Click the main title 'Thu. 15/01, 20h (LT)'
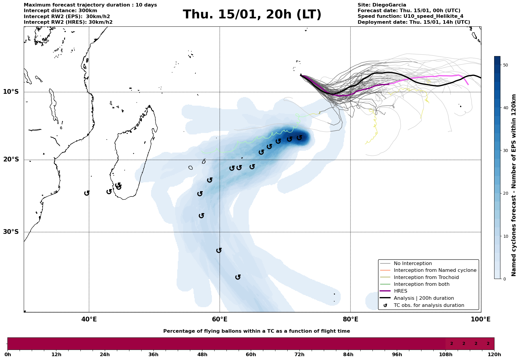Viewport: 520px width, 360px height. (252, 15)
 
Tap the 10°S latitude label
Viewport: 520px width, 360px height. (11, 92)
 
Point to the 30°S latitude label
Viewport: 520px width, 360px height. (11, 232)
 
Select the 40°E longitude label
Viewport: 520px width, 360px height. (89, 319)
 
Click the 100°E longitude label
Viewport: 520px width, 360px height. (481, 319)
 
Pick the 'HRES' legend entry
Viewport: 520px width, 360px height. (400, 291)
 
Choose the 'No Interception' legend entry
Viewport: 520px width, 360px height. (413, 264)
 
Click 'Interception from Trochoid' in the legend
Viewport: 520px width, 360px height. (426, 277)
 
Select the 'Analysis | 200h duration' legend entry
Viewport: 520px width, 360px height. (424, 298)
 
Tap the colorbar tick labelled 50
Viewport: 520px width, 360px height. (506, 65)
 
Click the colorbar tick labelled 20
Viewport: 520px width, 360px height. (506, 194)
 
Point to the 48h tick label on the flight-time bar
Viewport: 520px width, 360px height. (202, 355)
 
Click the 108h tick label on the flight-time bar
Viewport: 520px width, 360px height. (446, 355)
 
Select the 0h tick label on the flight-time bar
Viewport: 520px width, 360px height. (8, 355)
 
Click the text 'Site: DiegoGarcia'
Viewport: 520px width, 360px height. (382, 5)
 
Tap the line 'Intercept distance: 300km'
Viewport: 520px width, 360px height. (60, 11)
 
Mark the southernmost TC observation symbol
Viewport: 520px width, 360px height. (238, 277)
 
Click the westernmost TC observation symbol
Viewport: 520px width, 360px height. (87, 193)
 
